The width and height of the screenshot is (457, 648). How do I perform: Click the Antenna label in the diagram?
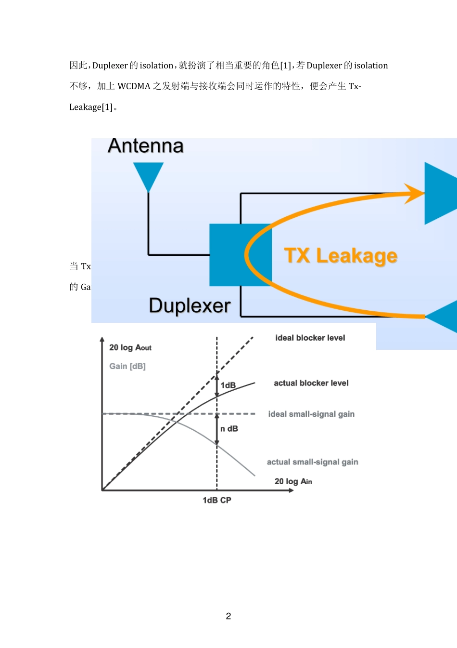click(146, 146)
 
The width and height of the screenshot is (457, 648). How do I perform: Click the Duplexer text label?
click(190, 306)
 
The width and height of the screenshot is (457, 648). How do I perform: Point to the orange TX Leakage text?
click(341, 256)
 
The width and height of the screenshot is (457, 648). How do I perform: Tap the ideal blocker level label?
click(310, 338)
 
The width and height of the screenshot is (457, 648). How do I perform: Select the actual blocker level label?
click(311, 383)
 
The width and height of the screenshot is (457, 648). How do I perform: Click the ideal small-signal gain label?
click(311, 414)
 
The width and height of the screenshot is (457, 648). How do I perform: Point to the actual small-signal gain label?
click(313, 462)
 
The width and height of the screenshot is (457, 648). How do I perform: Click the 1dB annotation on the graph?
click(228, 385)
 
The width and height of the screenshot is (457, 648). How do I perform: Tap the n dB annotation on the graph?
click(229, 429)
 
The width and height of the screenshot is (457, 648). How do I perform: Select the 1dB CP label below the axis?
click(217, 500)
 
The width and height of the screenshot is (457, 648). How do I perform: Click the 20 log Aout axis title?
click(130, 347)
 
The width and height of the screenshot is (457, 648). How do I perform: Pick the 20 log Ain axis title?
click(293, 481)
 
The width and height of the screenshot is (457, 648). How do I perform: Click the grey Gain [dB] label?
click(127, 366)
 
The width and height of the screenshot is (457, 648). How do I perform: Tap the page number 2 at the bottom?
click(228, 616)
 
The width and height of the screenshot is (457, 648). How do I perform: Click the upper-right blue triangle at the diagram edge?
click(439, 193)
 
